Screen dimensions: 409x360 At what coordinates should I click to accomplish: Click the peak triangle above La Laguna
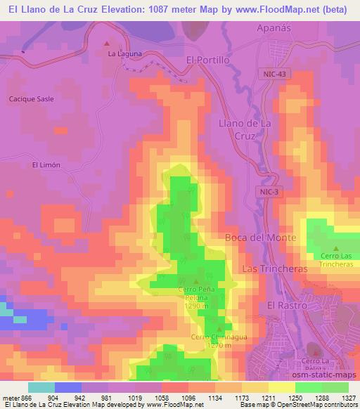(x=107, y=42)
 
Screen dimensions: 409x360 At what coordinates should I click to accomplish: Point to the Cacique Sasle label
(x=31, y=99)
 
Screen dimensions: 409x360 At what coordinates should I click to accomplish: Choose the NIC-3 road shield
(x=267, y=191)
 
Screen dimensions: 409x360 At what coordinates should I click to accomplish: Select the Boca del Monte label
(x=255, y=238)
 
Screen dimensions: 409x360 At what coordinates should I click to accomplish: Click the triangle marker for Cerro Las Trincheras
(x=336, y=248)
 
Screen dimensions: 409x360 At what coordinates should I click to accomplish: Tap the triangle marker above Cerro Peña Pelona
(x=195, y=281)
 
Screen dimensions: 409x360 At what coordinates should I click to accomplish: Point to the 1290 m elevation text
(x=195, y=306)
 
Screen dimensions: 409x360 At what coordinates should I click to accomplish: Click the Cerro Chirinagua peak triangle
(x=221, y=328)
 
